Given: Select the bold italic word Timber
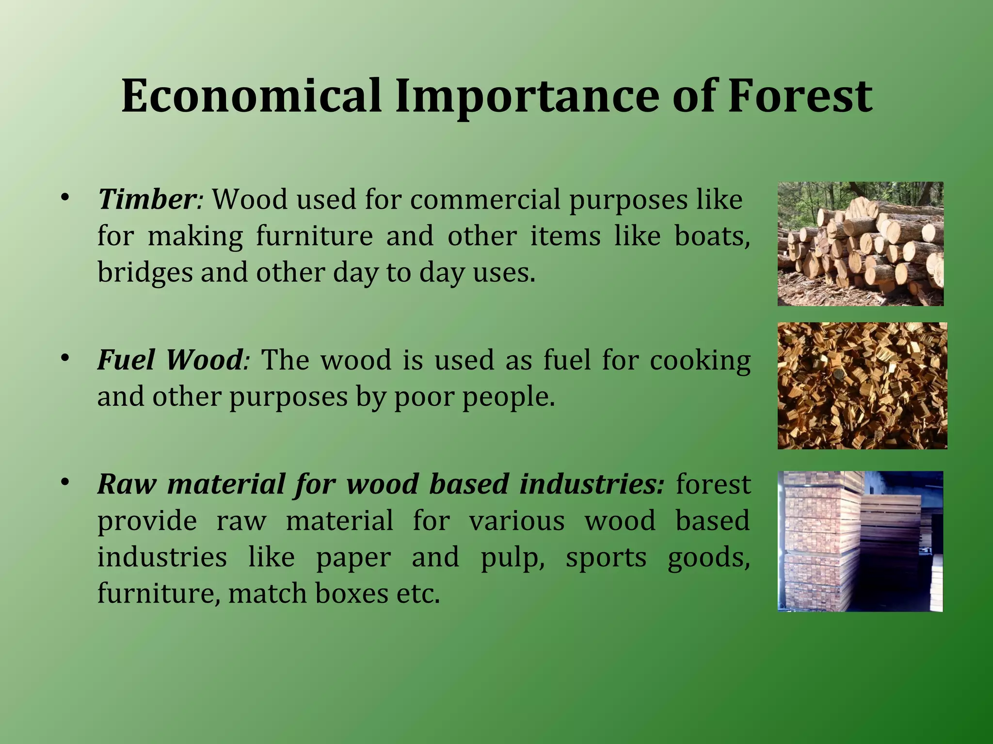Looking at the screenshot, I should coord(146,199).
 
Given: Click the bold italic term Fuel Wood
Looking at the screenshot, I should coord(170,360).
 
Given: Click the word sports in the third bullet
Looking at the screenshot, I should coord(606,558).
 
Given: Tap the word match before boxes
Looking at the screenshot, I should coord(267,593).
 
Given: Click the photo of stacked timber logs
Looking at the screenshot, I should coord(860,244).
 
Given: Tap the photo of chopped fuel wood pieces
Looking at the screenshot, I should coord(862,386).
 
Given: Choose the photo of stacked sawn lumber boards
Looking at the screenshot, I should coord(860,541).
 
